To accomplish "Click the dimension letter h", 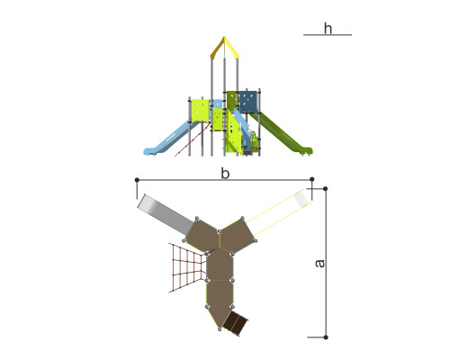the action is [328, 29].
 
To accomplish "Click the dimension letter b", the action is [225, 174].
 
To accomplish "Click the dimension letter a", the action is [320, 263].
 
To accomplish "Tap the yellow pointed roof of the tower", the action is [224, 48].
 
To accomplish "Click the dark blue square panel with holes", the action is [248, 102].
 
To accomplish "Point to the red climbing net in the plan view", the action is [187, 267].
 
